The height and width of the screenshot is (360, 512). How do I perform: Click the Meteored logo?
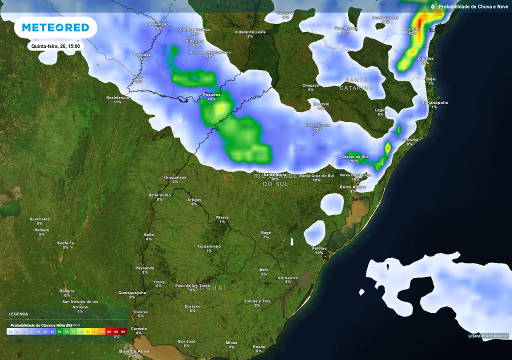click(x=55, y=27)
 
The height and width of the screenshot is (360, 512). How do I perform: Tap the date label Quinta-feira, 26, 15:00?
click(x=55, y=46)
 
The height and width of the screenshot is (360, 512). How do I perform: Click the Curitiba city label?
click(x=412, y=29)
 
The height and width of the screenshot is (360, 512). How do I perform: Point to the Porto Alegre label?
click(x=352, y=187)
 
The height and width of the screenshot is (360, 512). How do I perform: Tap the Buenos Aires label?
click(x=134, y=351)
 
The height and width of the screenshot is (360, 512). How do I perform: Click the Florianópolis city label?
click(x=434, y=102)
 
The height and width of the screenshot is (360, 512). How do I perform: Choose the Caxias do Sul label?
click(x=354, y=157)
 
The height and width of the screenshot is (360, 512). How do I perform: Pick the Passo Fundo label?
click(x=317, y=125)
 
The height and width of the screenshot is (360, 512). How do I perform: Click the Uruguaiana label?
click(x=175, y=177)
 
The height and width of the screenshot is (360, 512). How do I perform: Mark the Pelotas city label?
click(x=319, y=248)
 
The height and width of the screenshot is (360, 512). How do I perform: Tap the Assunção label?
click(x=158, y=24)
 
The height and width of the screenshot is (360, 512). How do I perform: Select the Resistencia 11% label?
click(x=117, y=97)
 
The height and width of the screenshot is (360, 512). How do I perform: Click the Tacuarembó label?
click(x=208, y=246)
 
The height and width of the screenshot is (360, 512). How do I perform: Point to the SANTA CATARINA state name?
click(x=356, y=84)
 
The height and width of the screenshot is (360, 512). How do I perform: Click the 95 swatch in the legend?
click(x=123, y=331)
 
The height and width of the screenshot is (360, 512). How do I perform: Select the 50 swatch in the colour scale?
click(x=59, y=331)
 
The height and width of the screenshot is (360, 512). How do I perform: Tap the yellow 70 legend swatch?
click(x=88, y=331)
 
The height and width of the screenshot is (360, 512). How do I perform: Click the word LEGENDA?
click(x=18, y=314)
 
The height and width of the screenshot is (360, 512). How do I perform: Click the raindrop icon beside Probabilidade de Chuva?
click(x=432, y=6)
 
